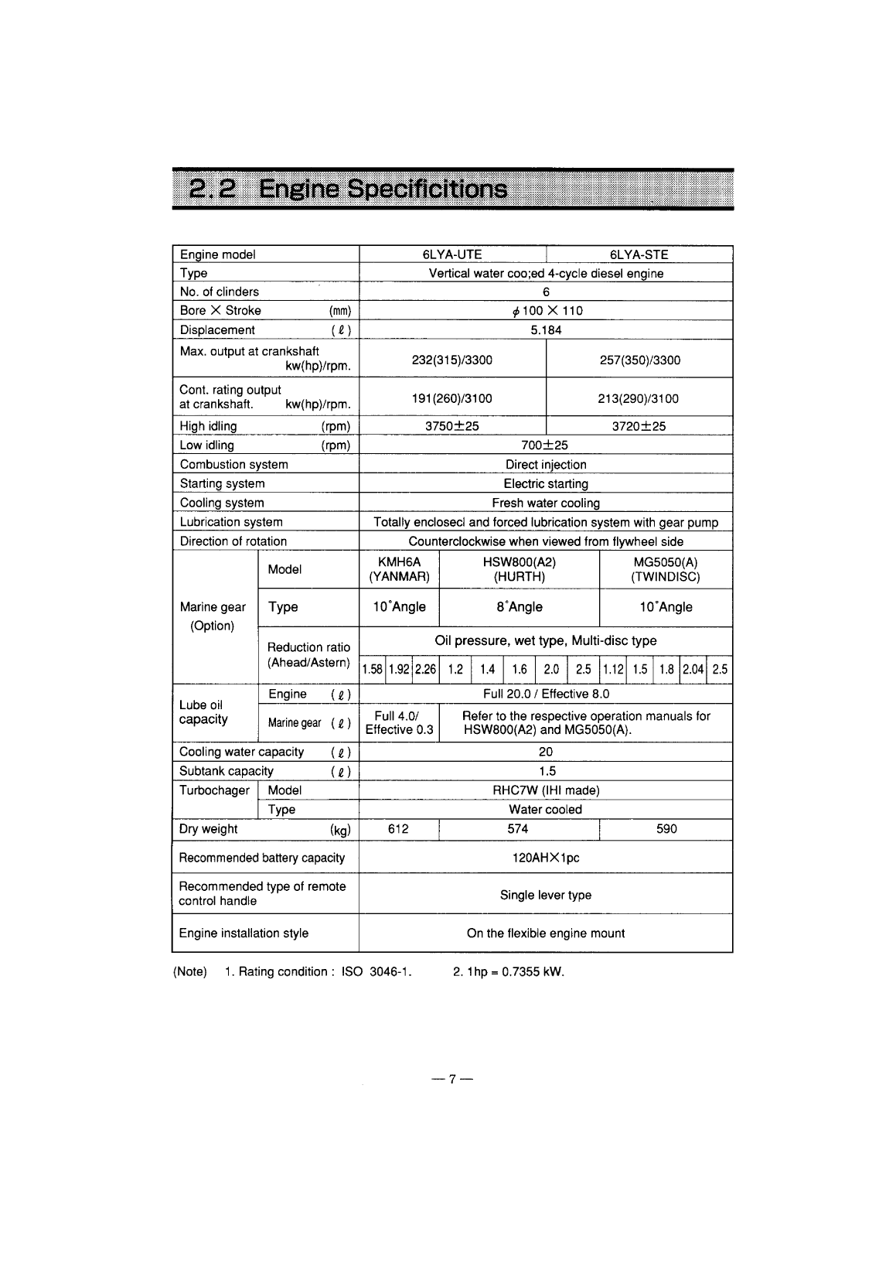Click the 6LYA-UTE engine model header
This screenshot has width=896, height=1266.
(x=452, y=254)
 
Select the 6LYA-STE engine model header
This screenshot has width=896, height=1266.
(x=639, y=254)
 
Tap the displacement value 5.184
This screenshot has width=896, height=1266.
(x=546, y=330)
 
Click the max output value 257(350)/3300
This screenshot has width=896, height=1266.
(x=639, y=360)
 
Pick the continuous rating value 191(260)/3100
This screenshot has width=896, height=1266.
(x=452, y=398)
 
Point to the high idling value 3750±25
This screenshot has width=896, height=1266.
(x=452, y=426)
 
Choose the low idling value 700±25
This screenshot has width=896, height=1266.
(x=545, y=445)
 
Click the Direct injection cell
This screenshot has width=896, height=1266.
(x=546, y=465)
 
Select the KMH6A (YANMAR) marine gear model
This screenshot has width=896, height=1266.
(x=399, y=570)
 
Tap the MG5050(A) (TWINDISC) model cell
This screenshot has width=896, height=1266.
(x=666, y=570)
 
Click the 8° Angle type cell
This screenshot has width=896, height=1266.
(x=520, y=607)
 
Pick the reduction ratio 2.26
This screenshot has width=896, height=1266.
(x=425, y=670)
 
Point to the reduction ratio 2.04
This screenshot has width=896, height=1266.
(x=693, y=670)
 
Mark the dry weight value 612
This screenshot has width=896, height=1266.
(x=398, y=829)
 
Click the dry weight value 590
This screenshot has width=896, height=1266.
(x=666, y=829)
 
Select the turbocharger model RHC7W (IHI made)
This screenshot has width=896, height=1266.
(x=546, y=790)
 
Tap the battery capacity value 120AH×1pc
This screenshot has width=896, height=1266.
(x=546, y=858)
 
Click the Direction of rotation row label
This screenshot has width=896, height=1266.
(x=233, y=541)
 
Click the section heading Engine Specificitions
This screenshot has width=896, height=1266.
(x=383, y=189)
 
